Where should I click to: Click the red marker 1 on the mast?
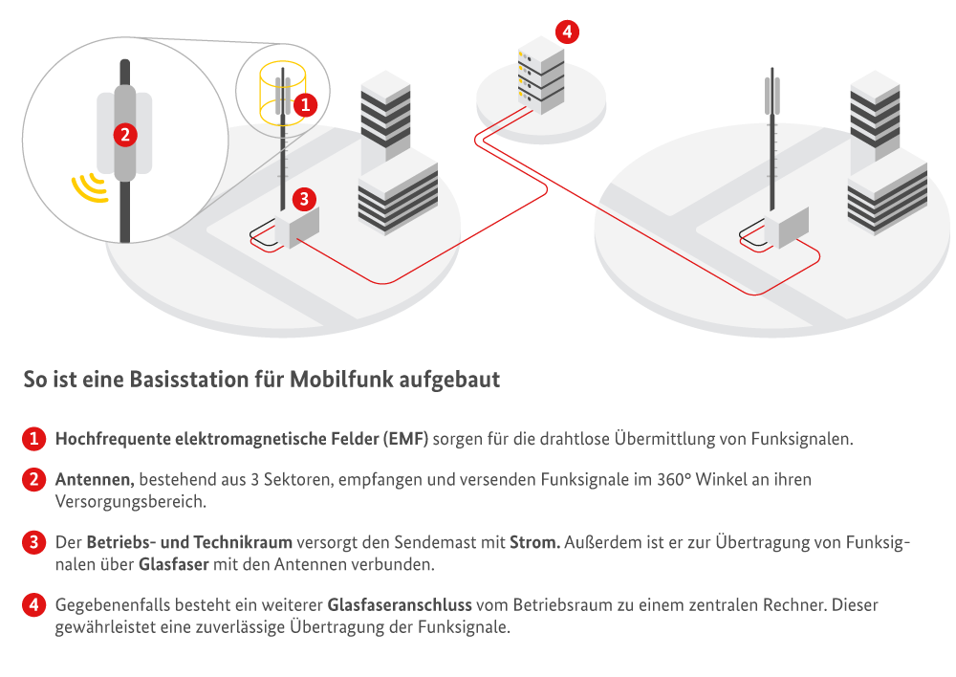pyautogui.click(x=304, y=104)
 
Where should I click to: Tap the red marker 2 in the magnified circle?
pyautogui.click(x=122, y=135)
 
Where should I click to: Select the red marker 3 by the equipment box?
pyautogui.click(x=303, y=199)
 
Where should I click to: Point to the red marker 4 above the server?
pyautogui.click(x=567, y=32)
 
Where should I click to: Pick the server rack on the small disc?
pyautogui.click(x=540, y=76)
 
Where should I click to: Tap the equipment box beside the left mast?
pyautogui.click(x=296, y=227)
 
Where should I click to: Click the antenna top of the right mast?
pyautogui.click(x=772, y=95)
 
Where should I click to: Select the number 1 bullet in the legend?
pyautogui.click(x=33, y=440)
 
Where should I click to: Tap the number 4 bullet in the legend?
pyautogui.click(x=33, y=605)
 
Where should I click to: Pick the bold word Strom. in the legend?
pyautogui.click(x=535, y=543)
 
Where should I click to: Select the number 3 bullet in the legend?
pyautogui.click(x=33, y=543)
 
